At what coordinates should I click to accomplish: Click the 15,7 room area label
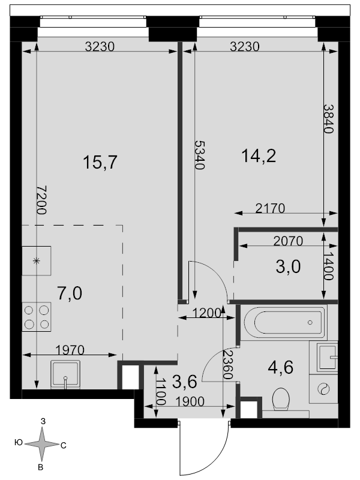click(x=100, y=162)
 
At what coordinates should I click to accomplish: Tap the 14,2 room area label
click(x=259, y=156)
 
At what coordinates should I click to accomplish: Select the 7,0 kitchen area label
click(x=70, y=293)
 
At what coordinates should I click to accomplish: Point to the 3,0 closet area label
click(x=288, y=266)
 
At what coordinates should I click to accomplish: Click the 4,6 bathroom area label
click(x=280, y=367)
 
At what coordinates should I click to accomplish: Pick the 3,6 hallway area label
click(x=185, y=382)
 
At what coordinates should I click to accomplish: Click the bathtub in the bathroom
click(x=284, y=322)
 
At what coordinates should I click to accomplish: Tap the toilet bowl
click(x=281, y=399)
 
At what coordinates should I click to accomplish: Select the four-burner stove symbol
click(x=37, y=317)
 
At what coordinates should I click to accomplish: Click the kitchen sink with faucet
click(x=65, y=374)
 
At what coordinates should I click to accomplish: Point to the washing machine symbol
click(x=323, y=389)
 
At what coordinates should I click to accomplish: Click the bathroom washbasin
click(x=327, y=356)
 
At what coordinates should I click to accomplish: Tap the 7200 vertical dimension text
click(x=41, y=200)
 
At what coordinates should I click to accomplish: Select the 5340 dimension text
click(x=199, y=155)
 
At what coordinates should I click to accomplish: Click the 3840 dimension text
click(x=328, y=119)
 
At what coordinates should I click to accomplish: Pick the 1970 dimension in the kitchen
click(x=70, y=350)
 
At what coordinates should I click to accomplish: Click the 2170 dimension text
click(x=271, y=208)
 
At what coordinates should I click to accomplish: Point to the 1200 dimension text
click(x=206, y=313)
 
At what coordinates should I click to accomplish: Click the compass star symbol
click(x=41, y=444)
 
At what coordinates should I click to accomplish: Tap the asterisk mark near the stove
click(x=37, y=261)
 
